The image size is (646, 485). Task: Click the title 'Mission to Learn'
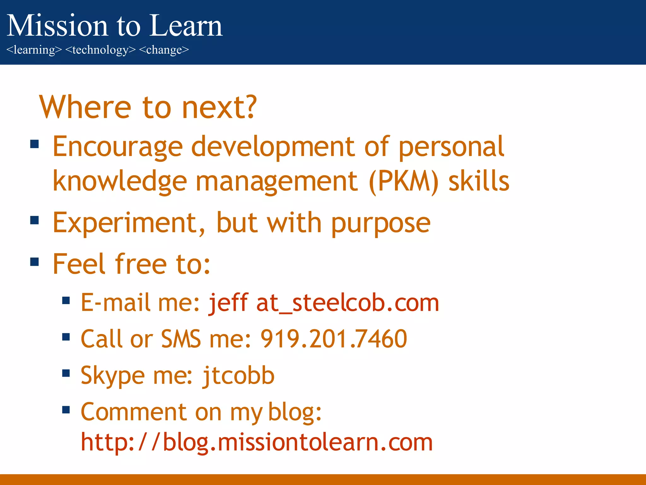pos(115,26)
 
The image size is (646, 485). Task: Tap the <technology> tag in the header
pos(100,50)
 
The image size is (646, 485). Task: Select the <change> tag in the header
pos(164,50)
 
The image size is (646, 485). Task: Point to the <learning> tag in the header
pos(34,50)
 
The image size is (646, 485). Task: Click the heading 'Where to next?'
pos(148,107)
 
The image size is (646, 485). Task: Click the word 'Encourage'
pos(117,147)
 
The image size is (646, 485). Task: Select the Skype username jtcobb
pos(238,376)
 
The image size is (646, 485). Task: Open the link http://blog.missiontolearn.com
pos(256,442)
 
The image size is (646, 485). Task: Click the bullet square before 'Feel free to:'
pos(34,262)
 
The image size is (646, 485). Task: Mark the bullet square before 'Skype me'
pos(66,373)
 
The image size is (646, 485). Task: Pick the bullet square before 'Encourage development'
pos(34,144)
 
